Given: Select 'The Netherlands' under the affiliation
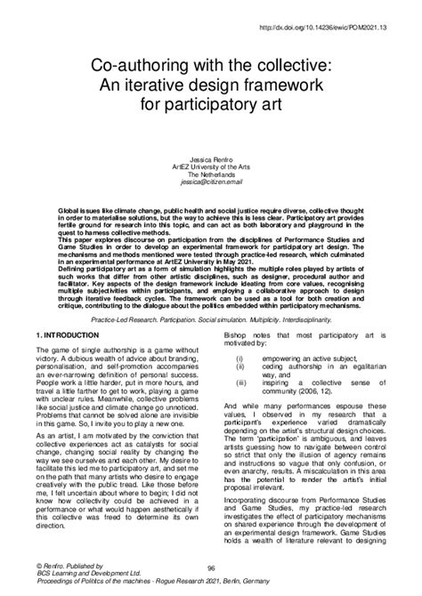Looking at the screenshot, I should [x=211, y=173].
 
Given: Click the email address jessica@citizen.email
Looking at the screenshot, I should [x=211, y=182].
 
